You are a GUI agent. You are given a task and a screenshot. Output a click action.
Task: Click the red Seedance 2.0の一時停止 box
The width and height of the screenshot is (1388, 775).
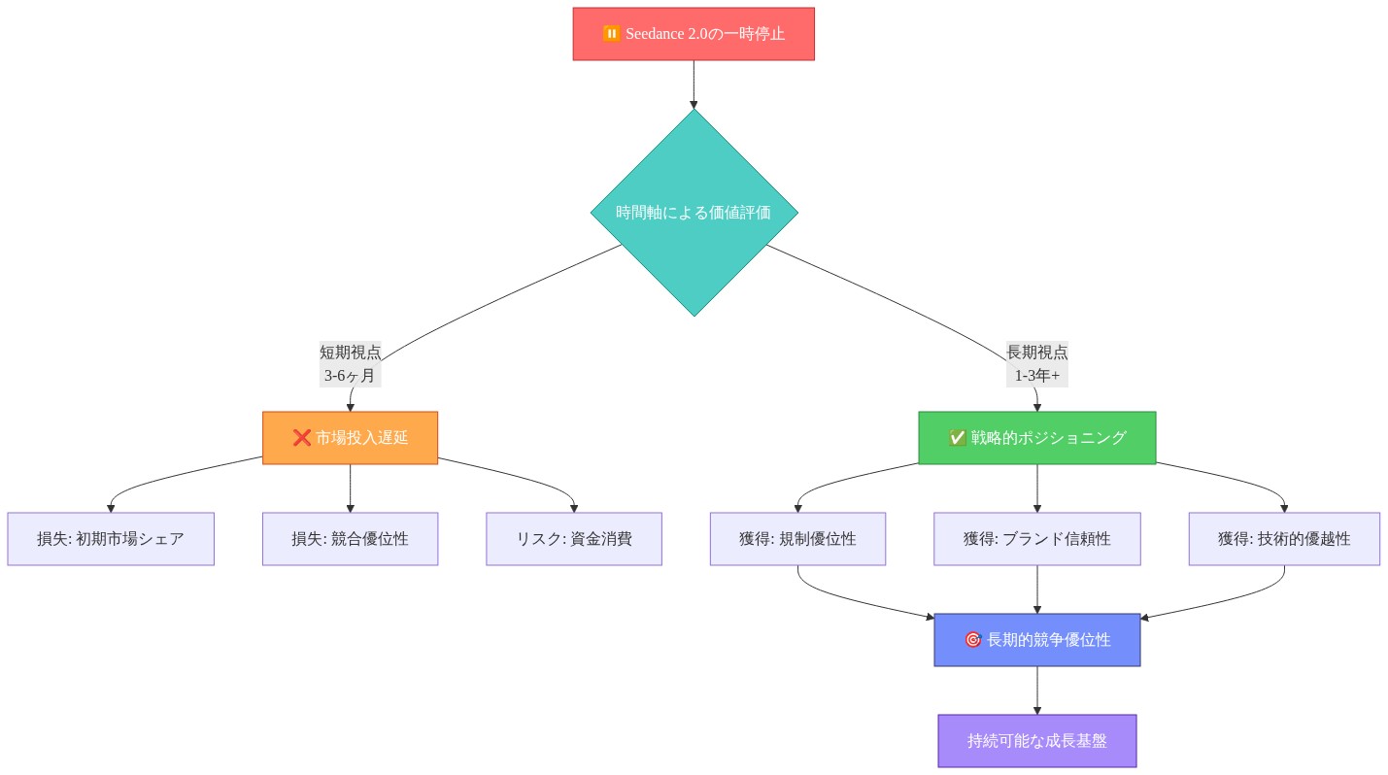(693, 34)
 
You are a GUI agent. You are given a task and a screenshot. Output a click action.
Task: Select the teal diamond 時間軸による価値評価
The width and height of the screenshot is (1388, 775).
(694, 212)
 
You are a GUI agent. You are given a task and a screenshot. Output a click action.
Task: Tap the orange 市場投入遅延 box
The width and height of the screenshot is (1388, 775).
(350, 437)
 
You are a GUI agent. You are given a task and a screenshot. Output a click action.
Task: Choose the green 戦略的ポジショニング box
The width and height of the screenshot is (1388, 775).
(1036, 437)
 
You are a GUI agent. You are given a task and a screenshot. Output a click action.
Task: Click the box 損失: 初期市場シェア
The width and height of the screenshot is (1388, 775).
(111, 538)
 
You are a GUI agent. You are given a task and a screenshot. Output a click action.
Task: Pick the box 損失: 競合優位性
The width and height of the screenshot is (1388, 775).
(350, 538)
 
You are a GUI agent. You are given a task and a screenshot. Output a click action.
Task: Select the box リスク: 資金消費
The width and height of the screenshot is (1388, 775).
(574, 538)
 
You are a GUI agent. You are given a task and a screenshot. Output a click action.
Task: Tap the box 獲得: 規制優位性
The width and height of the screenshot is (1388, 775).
(797, 538)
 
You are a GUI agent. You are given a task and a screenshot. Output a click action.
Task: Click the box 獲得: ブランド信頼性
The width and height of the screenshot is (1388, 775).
(1036, 538)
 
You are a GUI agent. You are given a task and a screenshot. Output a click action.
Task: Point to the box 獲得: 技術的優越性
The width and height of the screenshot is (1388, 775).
(1284, 538)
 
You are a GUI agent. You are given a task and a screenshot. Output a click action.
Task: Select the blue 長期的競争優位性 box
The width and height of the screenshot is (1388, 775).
(1036, 639)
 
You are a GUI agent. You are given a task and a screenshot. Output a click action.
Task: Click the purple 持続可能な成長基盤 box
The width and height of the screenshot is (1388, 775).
(1036, 740)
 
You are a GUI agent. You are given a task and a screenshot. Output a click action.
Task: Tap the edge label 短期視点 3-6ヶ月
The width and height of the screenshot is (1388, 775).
(350, 363)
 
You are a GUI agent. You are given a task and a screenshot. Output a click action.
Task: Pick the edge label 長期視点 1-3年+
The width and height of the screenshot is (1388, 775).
(1036, 363)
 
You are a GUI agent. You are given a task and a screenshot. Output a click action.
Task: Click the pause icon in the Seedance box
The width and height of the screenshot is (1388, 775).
(611, 34)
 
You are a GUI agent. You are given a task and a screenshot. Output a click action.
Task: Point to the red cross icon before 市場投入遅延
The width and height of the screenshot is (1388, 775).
(302, 438)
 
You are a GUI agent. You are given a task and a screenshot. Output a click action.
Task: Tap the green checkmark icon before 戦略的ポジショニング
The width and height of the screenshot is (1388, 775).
(958, 438)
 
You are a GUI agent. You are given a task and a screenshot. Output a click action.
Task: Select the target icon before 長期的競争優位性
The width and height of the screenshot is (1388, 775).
(972, 640)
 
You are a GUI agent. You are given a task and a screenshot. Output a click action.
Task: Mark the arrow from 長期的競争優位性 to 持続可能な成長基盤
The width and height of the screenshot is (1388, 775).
(1036, 691)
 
